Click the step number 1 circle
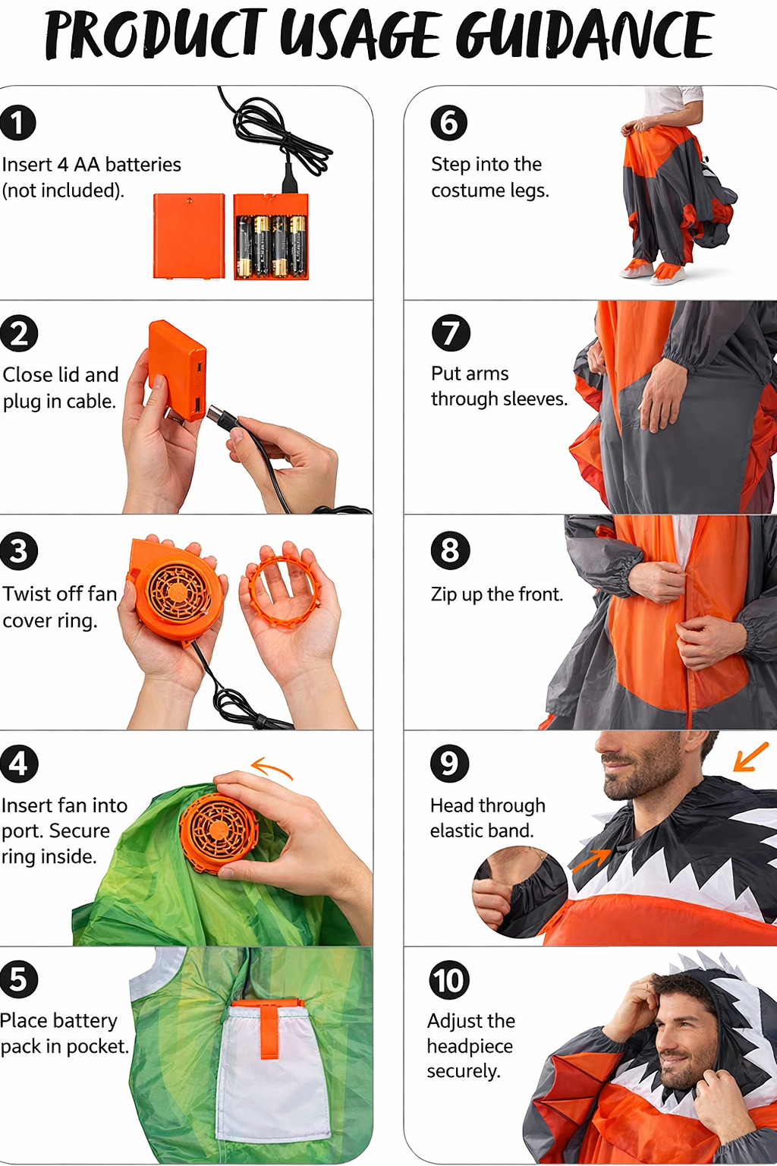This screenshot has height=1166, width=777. coord(18,122)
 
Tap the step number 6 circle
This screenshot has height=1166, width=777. coord(448,122)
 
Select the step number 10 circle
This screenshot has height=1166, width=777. coord(448,980)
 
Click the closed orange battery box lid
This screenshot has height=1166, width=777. coord(189,235)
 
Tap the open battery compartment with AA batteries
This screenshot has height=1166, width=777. coord(271,238)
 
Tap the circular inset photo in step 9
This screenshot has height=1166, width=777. coord(520,892)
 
